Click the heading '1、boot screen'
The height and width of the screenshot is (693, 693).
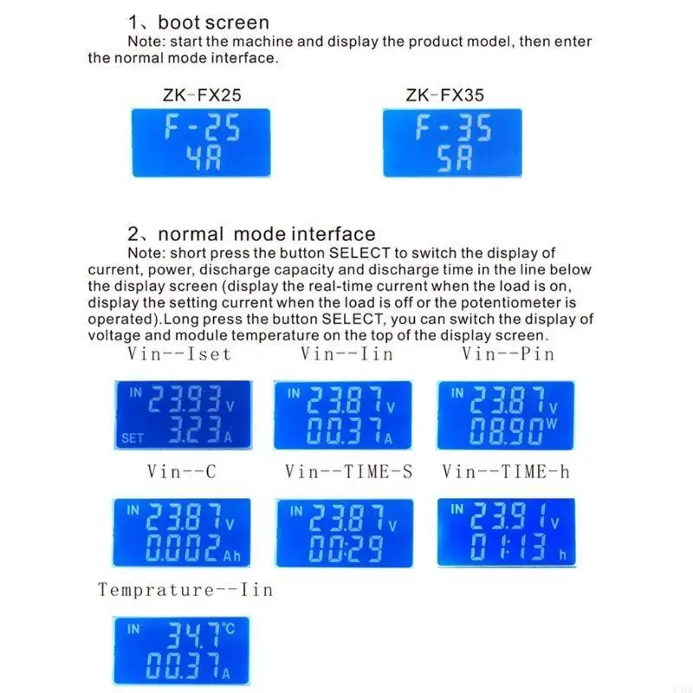click(198, 23)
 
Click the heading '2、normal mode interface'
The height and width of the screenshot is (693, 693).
click(251, 234)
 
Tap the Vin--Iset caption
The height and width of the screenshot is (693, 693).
click(179, 353)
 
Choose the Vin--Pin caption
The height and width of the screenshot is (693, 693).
click(508, 353)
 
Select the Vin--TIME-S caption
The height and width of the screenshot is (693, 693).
click(349, 471)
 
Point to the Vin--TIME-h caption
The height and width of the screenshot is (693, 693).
click(506, 471)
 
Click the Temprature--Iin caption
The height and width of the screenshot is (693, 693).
click(185, 590)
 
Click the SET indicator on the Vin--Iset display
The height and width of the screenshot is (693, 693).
click(132, 438)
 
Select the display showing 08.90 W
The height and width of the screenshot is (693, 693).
click(505, 415)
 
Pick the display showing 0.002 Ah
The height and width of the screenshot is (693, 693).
click(180, 533)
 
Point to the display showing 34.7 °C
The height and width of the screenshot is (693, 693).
click(180, 651)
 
